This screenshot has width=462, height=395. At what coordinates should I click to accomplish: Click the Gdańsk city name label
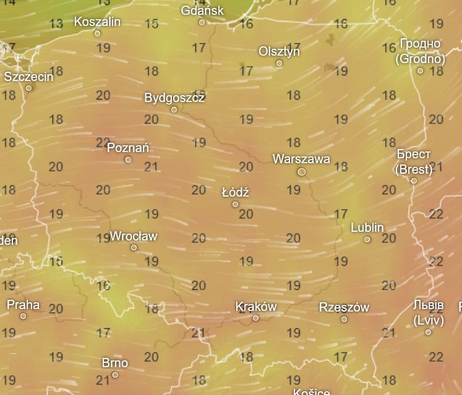point(202,11)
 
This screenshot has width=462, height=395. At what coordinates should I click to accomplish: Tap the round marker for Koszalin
point(97,33)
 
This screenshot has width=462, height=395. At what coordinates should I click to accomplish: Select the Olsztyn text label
point(279,51)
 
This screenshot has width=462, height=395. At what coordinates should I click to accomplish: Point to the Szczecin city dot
point(28,88)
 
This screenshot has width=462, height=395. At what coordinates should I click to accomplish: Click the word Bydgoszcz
point(174,98)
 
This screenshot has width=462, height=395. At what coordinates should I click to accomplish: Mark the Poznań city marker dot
point(128,159)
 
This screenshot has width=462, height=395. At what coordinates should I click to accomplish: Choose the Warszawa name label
point(301,159)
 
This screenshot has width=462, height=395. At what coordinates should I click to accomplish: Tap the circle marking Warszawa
point(302,172)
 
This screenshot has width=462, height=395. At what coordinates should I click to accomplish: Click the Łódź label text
point(235,192)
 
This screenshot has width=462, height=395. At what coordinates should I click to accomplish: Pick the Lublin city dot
point(367,239)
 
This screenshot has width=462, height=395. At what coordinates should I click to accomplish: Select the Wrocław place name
point(134,236)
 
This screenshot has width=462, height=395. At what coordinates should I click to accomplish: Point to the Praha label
point(23,304)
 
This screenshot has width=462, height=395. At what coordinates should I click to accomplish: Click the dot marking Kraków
point(255,318)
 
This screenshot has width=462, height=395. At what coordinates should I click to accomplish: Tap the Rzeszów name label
point(344,307)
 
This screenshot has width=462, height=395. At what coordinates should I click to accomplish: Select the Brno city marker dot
point(115,375)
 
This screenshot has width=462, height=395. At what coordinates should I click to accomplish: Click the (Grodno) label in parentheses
point(421,59)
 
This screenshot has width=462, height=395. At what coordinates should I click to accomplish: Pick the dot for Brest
point(414,181)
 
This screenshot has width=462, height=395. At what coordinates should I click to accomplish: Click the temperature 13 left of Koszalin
point(56,24)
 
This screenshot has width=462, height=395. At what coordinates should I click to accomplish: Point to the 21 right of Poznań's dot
point(151,166)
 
